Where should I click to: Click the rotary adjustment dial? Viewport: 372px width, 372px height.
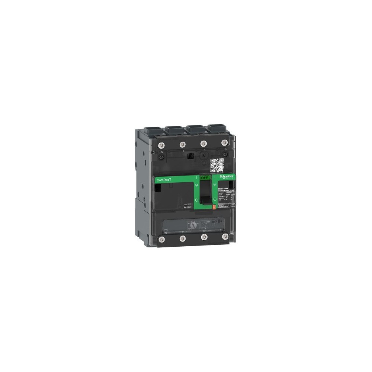193,225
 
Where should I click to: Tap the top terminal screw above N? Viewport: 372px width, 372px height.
162,145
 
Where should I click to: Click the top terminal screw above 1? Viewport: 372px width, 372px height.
183,144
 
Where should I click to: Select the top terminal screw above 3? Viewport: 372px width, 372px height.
203,143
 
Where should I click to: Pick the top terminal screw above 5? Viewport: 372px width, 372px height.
224,142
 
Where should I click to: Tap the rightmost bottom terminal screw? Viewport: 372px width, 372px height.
225,236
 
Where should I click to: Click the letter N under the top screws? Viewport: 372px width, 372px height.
161,152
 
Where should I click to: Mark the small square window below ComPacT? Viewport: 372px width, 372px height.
158,189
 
